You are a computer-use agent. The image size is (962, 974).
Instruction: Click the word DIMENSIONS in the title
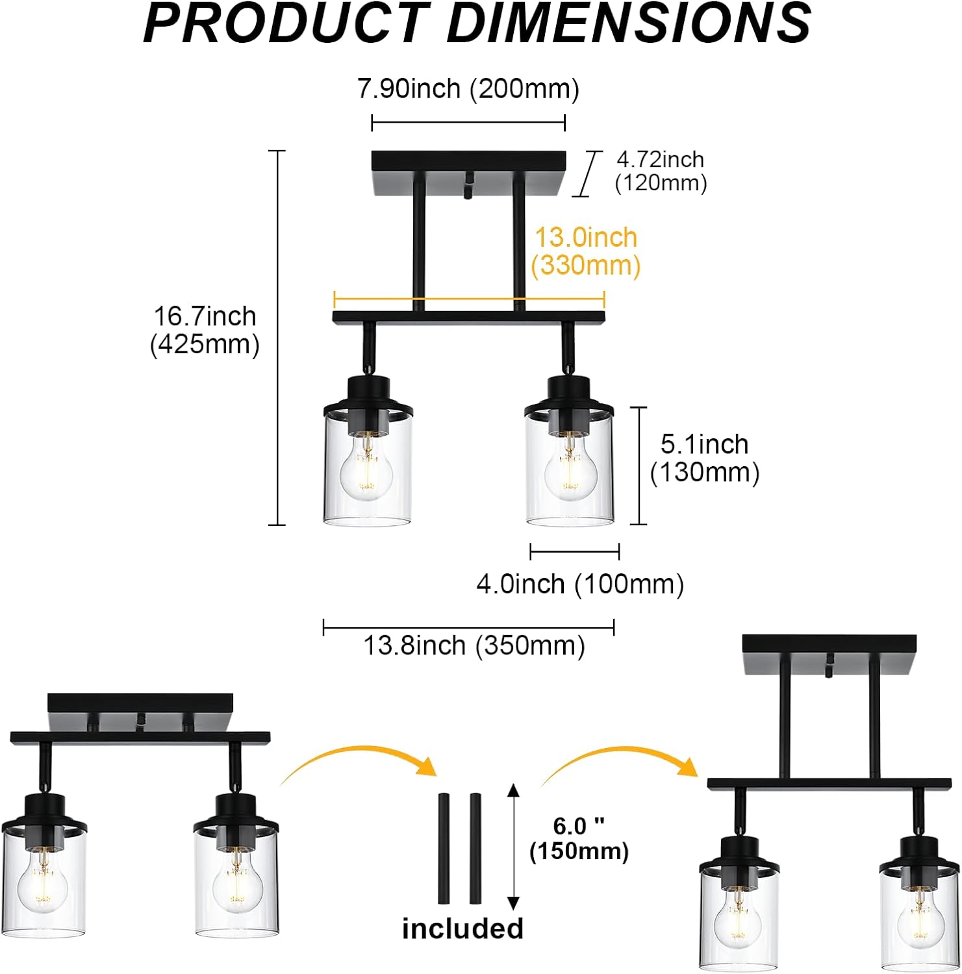[x=629, y=23]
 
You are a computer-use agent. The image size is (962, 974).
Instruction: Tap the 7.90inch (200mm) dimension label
[x=468, y=88]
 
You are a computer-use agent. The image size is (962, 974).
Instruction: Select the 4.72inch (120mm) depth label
[x=661, y=171]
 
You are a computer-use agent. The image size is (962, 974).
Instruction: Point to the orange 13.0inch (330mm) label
[x=586, y=252]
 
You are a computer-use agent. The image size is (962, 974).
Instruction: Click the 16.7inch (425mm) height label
[x=205, y=330]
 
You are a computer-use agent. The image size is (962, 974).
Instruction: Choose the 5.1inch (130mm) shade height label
[x=705, y=458]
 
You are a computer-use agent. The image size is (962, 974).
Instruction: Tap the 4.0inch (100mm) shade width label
[x=580, y=584]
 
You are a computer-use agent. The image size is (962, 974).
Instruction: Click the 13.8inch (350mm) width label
[x=474, y=645]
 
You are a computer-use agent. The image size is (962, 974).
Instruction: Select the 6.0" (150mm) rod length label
[x=579, y=838]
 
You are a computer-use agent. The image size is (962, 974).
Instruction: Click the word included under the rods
[x=462, y=929]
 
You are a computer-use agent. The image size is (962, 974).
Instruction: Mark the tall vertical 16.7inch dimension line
[x=277, y=338]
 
